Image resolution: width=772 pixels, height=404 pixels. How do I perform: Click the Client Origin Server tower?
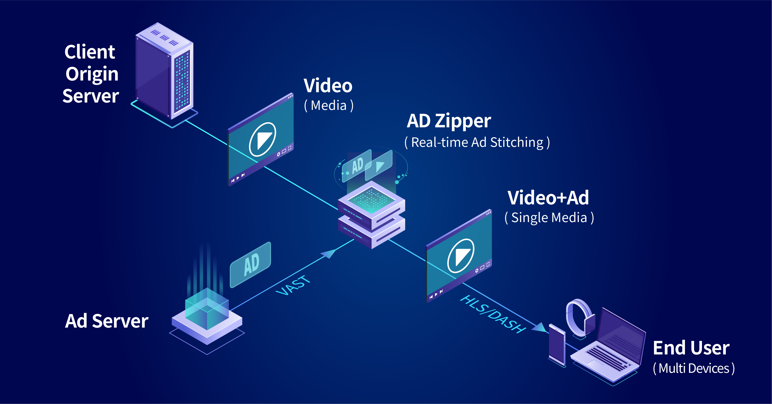coord(164,72)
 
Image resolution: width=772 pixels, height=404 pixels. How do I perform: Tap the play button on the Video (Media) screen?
coord(262,139)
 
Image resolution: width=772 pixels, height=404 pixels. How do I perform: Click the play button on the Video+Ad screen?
coord(461,256)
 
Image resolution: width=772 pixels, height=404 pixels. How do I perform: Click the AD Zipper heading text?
coord(449,121)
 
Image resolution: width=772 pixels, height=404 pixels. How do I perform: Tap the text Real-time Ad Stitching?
coord(477,142)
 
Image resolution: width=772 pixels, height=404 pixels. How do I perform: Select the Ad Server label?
coord(107,321)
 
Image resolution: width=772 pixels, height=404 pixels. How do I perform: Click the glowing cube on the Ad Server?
coord(207,308)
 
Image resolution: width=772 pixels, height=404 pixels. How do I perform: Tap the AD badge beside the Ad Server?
coord(251,264)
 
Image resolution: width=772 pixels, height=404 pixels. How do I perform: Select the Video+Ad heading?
coord(548,198)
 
